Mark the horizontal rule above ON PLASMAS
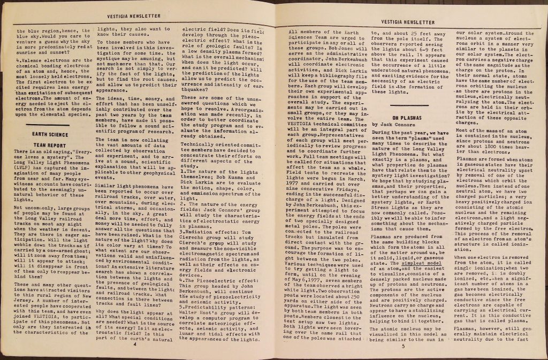(408, 106)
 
